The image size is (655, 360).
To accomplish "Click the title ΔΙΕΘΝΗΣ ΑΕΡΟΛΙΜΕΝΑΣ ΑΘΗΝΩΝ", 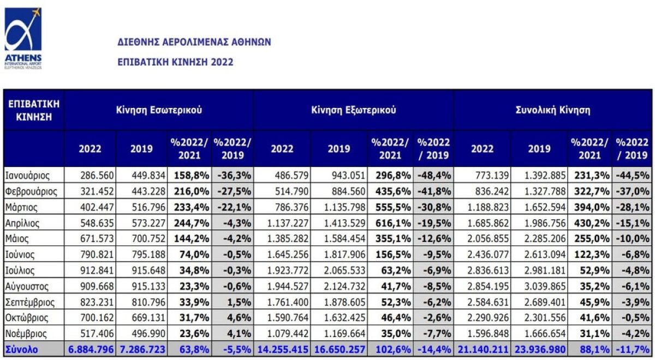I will pyautogui.click(x=194, y=42).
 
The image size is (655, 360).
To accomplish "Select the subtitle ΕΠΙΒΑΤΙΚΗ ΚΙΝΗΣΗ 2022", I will pyautogui.click(x=175, y=62).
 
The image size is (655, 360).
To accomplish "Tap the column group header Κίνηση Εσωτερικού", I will pyautogui.click(x=159, y=110).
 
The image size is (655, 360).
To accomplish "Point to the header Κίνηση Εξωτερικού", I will pyautogui.click(x=354, y=110).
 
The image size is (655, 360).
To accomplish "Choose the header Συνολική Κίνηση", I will pyautogui.click(x=553, y=110).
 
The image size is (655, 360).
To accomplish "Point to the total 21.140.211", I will pyautogui.click(x=483, y=350).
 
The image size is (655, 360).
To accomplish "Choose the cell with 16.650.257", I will pyautogui.click(x=340, y=350).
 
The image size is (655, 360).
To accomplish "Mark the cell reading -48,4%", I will pyautogui.click(x=434, y=176).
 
